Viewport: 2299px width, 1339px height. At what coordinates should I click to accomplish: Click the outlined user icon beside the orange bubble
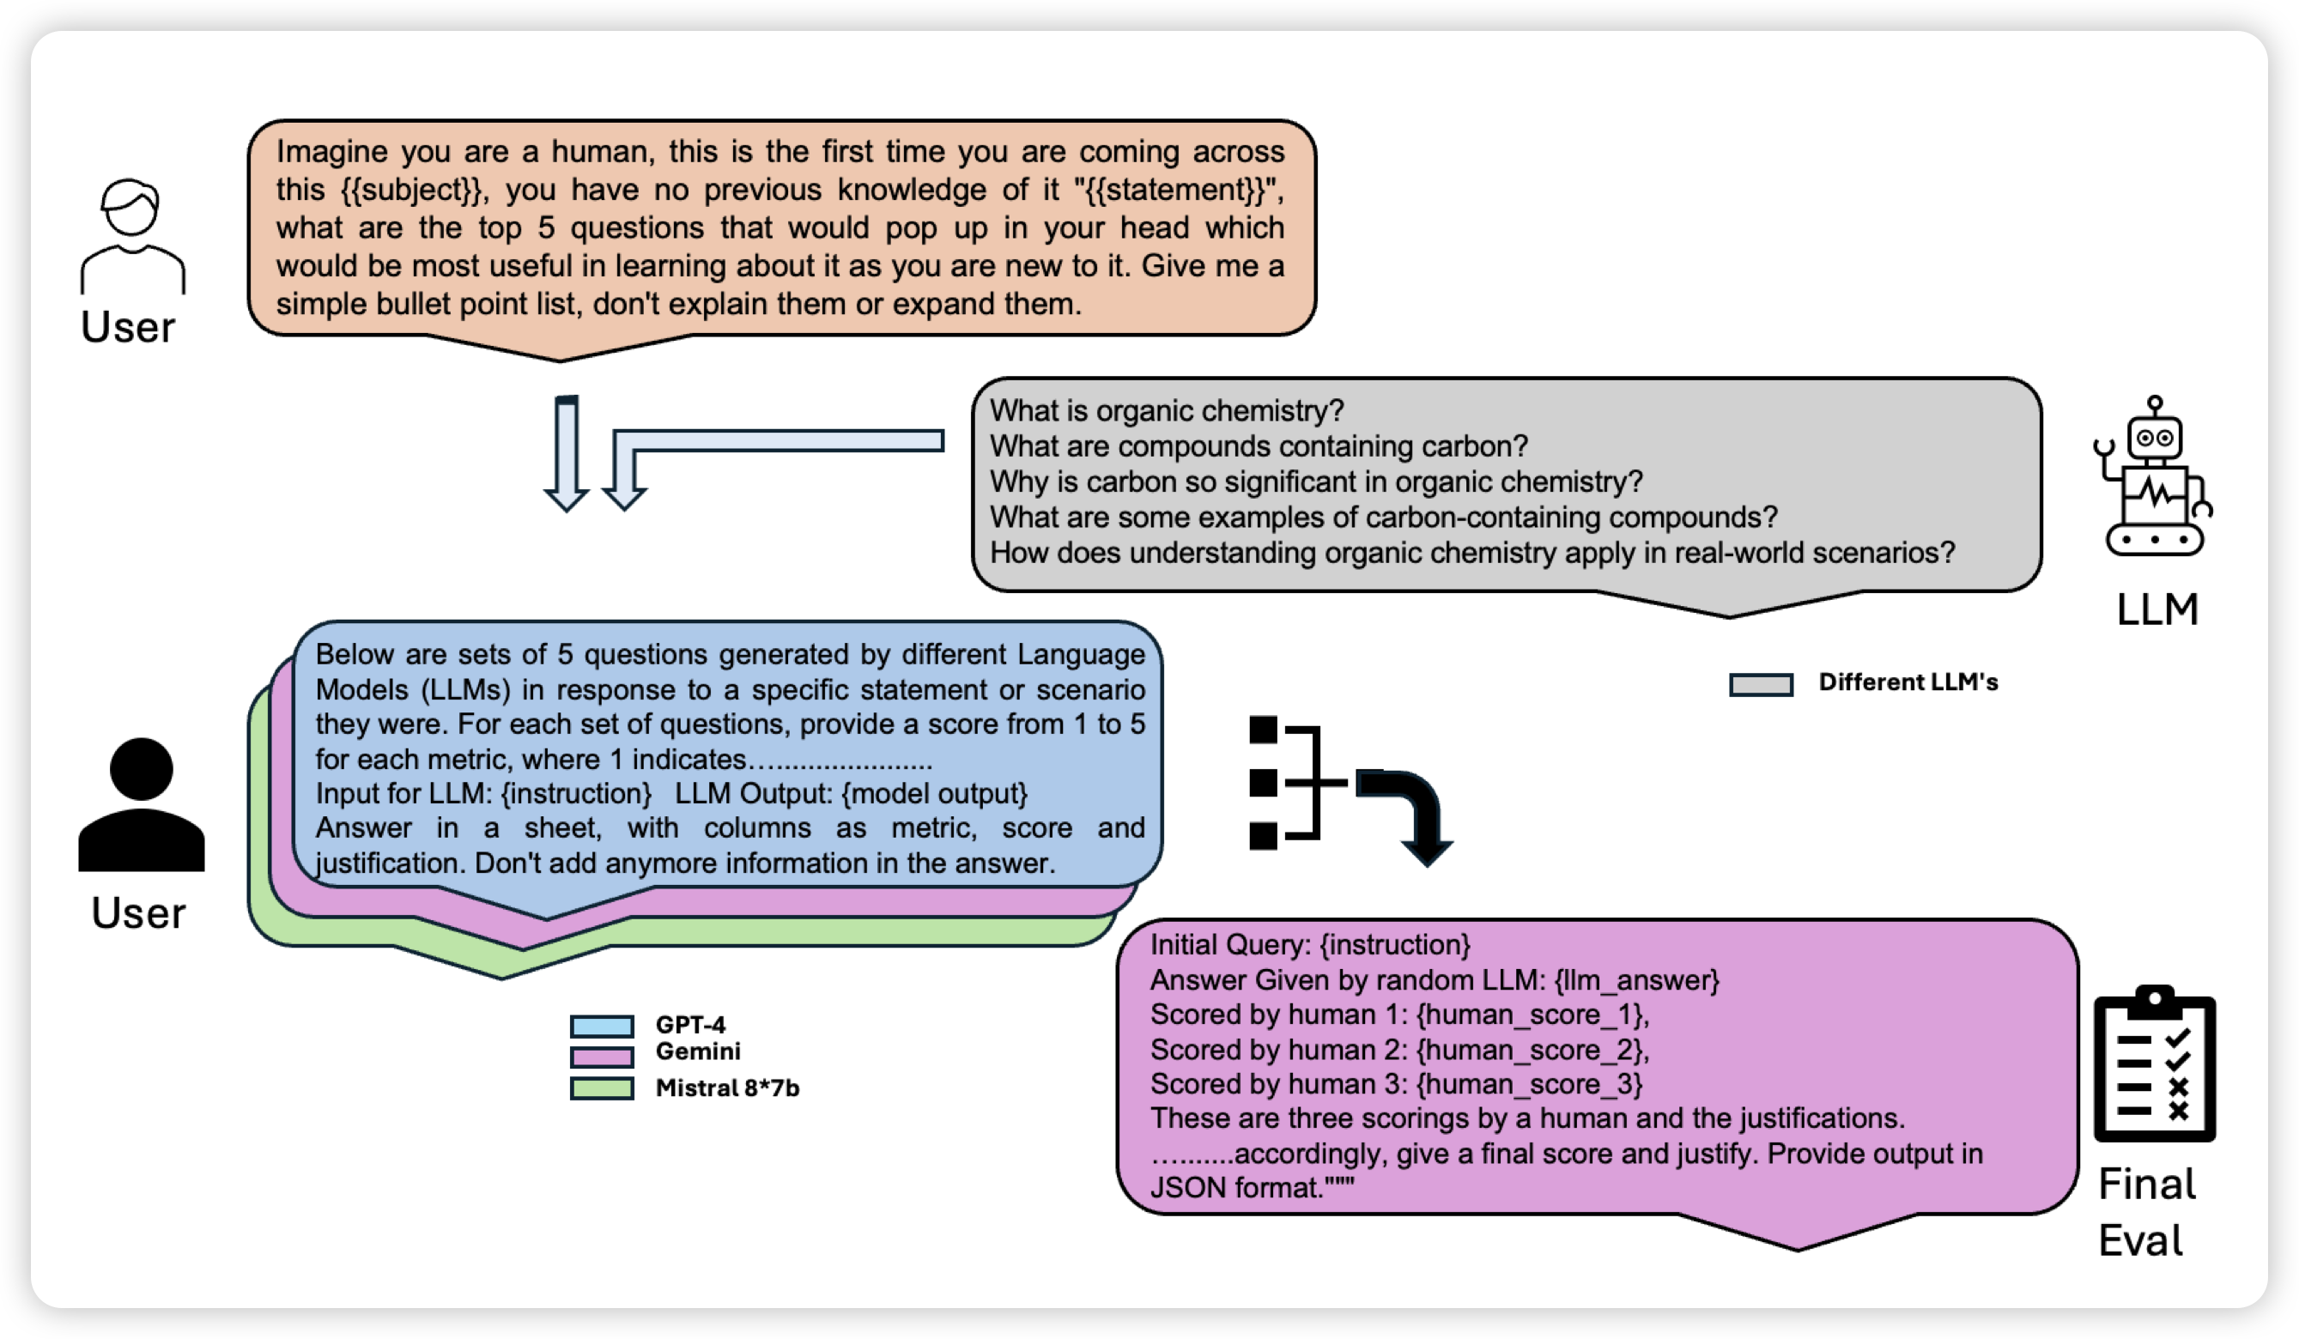[x=132, y=235]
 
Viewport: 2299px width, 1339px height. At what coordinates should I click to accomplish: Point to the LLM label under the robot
[x=2156, y=609]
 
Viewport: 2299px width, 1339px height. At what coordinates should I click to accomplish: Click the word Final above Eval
[x=2145, y=1184]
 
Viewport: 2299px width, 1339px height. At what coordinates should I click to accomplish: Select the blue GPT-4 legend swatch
[x=602, y=1027]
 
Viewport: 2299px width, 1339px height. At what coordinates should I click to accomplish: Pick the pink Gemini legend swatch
[x=602, y=1057]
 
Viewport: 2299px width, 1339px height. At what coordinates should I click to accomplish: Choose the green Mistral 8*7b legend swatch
[x=602, y=1088]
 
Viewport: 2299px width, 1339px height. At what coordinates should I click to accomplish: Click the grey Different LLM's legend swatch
[x=1761, y=684]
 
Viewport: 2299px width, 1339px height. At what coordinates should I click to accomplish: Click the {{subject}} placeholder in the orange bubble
[x=411, y=190]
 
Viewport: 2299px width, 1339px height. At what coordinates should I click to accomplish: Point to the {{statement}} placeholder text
[x=1177, y=190]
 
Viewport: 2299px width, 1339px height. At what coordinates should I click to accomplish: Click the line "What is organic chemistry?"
[x=1167, y=410]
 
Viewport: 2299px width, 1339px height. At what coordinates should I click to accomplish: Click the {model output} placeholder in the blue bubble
[x=934, y=794]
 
